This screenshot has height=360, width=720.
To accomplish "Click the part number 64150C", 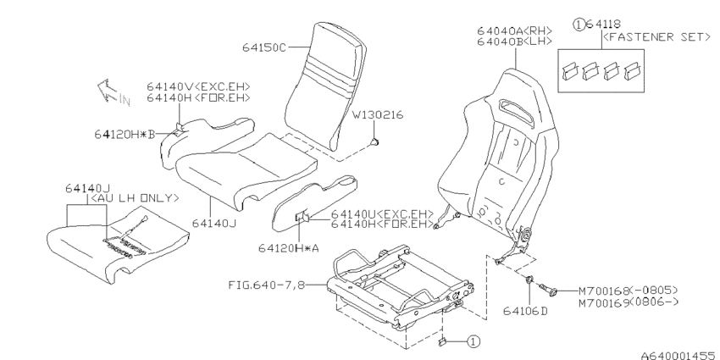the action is pos(264,47).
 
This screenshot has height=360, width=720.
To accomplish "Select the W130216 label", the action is pos(378,115).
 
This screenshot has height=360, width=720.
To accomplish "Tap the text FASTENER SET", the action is pos(656,36).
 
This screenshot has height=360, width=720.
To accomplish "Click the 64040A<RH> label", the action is pos(514,30).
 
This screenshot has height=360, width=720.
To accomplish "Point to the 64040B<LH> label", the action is pos(514,42).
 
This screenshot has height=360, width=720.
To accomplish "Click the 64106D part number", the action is pos(526,312).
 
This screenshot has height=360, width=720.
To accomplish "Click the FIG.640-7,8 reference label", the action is pos(266,285).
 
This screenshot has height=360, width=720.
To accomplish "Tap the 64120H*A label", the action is pos(288,248).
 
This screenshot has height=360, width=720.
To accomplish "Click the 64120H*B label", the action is pos(125,134).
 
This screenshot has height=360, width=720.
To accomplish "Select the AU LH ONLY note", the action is pos(133,198).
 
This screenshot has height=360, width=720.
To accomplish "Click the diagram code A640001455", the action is pos(680,356).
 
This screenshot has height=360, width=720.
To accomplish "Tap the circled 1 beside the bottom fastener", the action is pos(474,341).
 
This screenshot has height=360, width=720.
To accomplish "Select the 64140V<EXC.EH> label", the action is pos(198,86).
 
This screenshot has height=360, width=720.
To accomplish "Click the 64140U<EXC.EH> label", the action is pos(382,214).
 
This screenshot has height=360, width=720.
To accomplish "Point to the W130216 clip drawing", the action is pos(375,142).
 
